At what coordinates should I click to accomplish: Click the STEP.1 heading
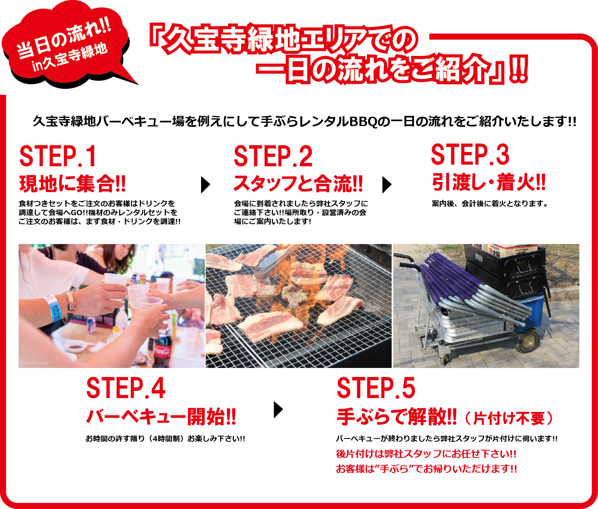[x=58, y=156]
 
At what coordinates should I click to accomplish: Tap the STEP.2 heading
[x=273, y=156]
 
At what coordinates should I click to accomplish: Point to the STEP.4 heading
[x=126, y=388]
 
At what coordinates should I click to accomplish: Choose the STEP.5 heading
[x=376, y=388]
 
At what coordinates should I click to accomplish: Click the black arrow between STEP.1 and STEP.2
[x=206, y=185]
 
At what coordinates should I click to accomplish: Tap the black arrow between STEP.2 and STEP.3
[x=387, y=185]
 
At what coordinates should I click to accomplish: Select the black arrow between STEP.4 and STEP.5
[x=278, y=410]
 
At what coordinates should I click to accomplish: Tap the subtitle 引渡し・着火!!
[x=489, y=182]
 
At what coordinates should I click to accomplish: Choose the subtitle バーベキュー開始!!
[x=161, y=417]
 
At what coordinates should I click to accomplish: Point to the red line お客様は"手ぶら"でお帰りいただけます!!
[x=427, y=469]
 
